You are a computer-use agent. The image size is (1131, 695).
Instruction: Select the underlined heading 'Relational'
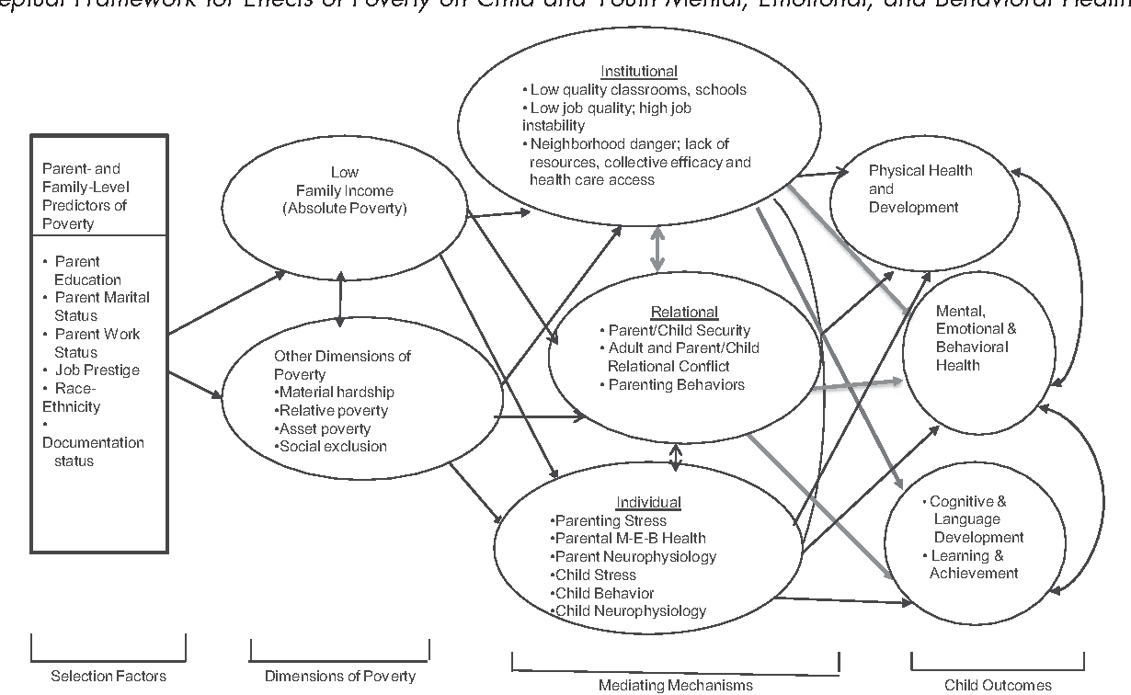(683, 313)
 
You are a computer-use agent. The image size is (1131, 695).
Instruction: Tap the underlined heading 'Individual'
(648, 502)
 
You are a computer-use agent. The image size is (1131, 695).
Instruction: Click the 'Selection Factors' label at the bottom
(109, 677)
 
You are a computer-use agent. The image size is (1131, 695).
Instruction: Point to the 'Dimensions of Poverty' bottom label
(339, 677)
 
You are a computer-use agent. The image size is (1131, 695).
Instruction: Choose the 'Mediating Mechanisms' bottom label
(675, 684)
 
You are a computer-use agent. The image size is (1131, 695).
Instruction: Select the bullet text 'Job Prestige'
(97, 370)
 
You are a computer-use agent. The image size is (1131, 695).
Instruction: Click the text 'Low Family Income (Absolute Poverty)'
(345, 190)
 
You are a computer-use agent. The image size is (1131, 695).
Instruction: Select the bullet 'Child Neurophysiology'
(629, 610)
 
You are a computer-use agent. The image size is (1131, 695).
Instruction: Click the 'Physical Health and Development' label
(920, 188)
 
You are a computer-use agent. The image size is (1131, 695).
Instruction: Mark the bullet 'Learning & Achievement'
(973, 564)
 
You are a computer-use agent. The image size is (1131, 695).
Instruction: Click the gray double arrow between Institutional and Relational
(657, 249)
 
